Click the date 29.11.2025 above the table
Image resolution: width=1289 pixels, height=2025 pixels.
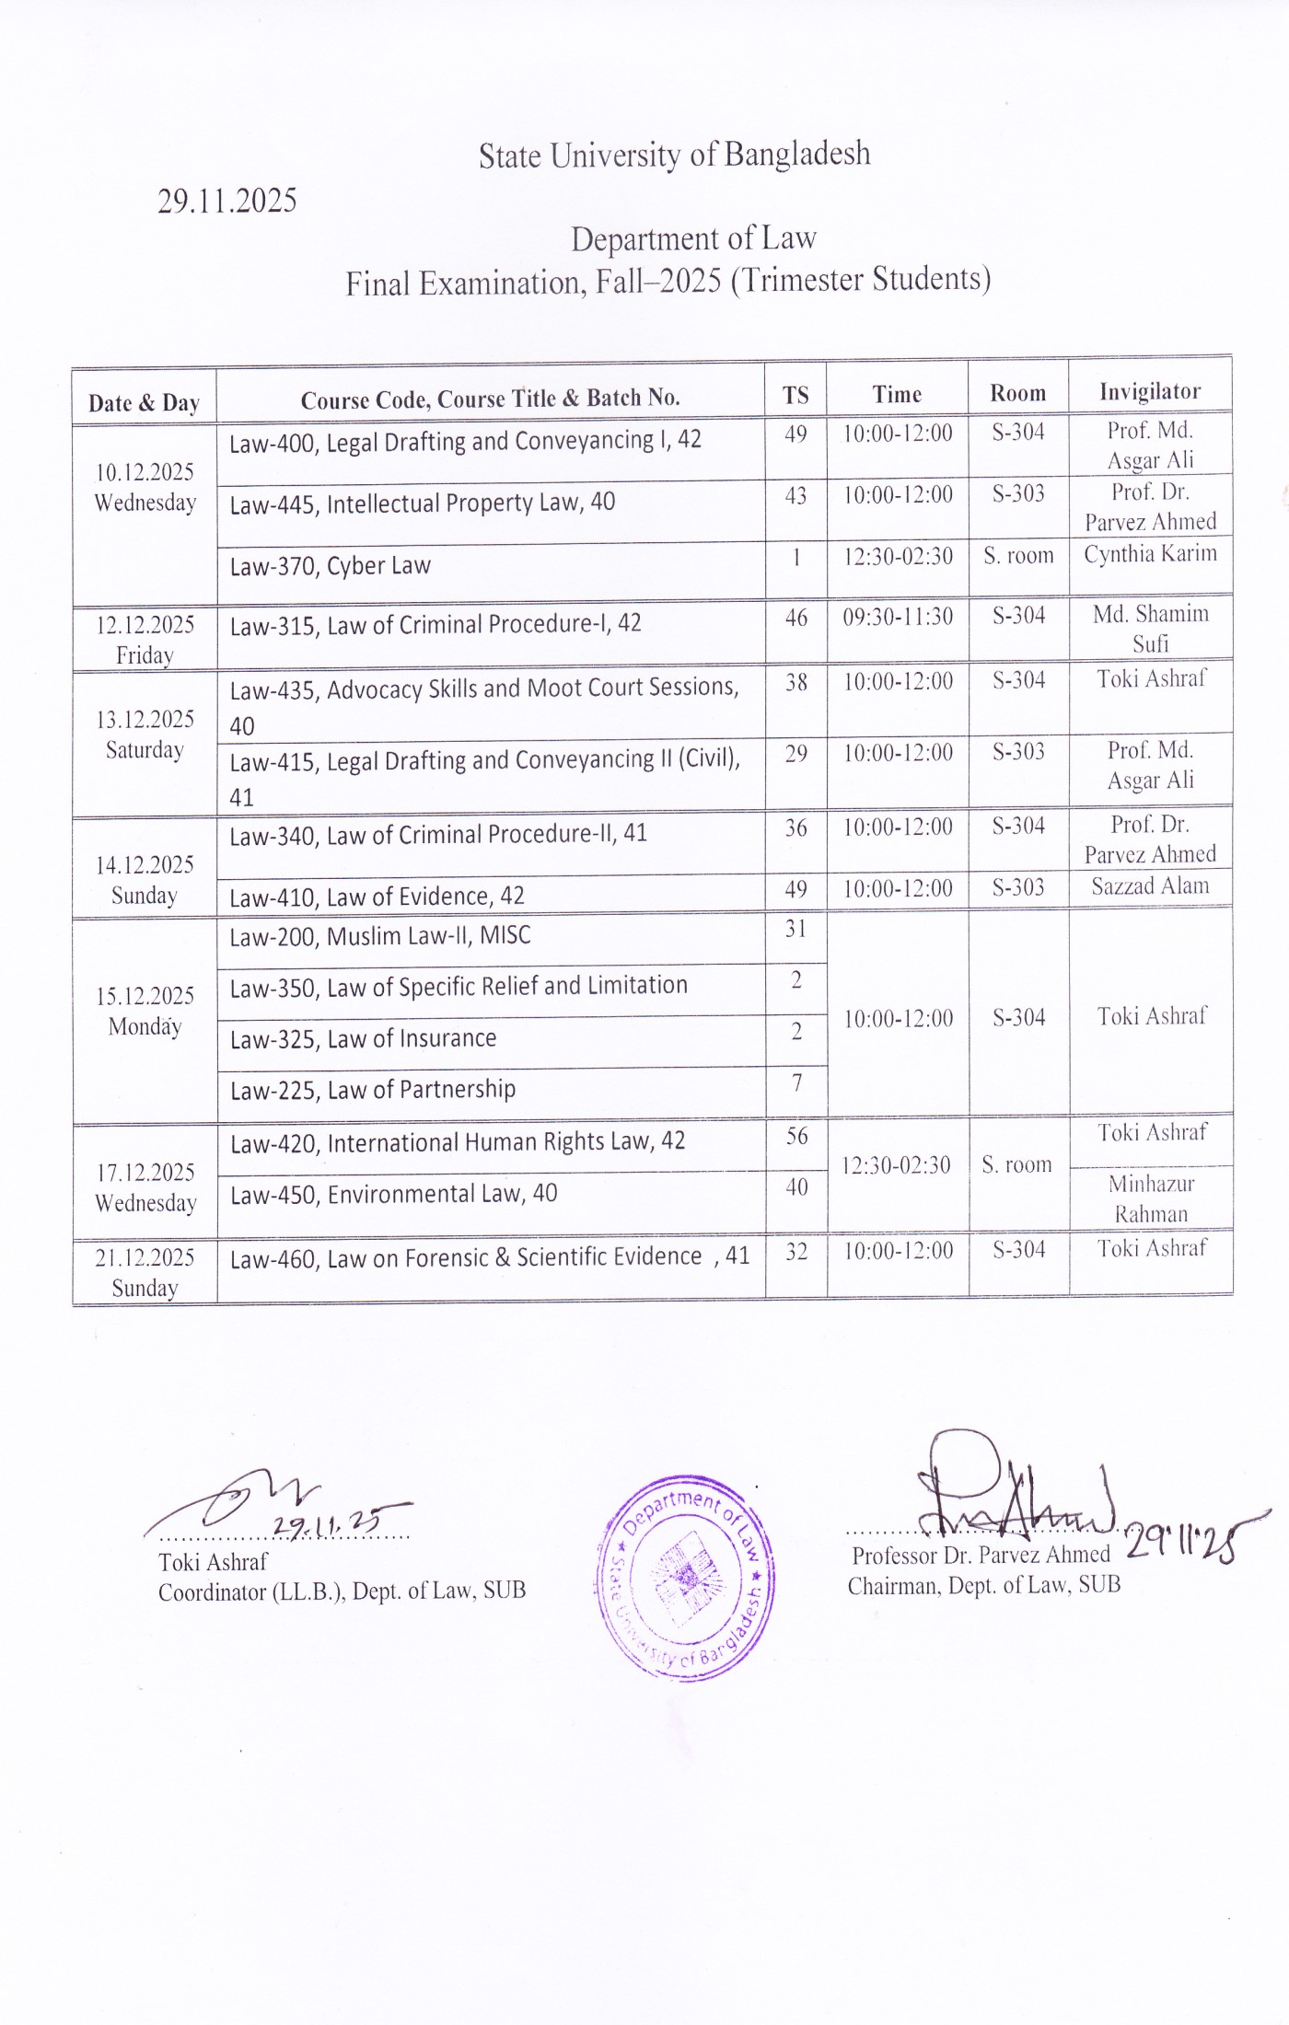tap(226, 201)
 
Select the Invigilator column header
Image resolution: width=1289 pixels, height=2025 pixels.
tap(1150, 392)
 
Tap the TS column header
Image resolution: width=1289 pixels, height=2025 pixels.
tap(795, 396)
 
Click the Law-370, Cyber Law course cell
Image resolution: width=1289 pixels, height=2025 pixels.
tap(331, 566)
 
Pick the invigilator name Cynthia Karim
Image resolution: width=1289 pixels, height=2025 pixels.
tap(1150, 554)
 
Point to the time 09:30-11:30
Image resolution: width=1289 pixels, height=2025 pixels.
tap(898, 617)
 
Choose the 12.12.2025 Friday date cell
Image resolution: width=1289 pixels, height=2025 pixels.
tap(145, 639)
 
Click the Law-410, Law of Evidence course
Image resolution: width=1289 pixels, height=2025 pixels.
tap(377, 897)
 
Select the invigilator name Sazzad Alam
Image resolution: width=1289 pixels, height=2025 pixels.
tap(1150, 886)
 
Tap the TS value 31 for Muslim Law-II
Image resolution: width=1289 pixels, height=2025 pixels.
tap(795, 930)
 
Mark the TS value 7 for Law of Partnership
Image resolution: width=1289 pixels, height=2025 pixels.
tap(796, 1083)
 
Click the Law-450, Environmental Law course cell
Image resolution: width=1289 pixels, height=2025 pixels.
tap(393, 1194)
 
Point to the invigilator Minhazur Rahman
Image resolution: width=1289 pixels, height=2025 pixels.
tap(1151, 1198)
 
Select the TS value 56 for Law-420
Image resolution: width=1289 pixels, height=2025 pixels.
tap(796, 1137)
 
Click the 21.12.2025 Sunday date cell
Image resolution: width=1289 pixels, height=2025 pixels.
tap(145, 1272)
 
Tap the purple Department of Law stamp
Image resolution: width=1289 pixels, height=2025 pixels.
tap(686, 1578)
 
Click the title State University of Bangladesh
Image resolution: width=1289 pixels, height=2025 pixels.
tap(674, 155)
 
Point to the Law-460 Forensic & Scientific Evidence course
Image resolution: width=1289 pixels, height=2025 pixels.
tap(489, 1257)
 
